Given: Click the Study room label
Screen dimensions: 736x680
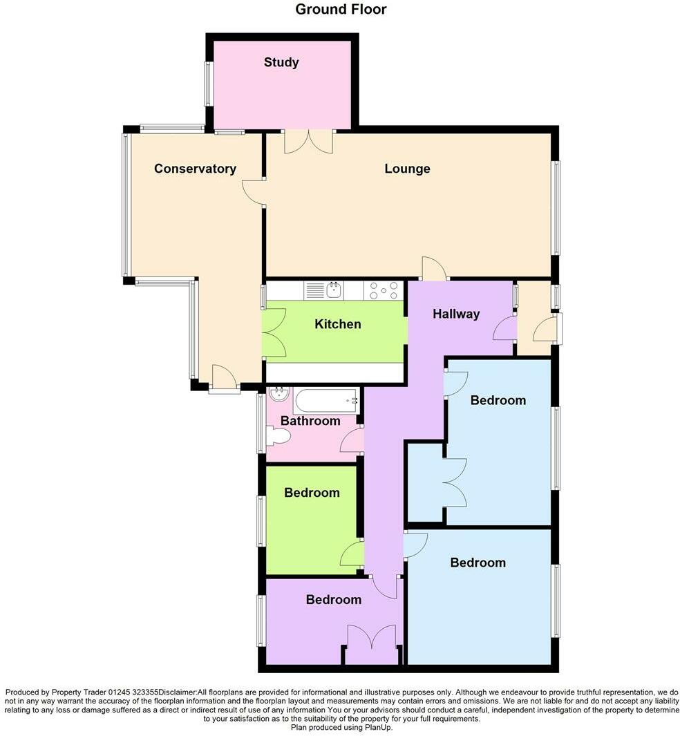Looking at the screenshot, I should (x=281, y=62).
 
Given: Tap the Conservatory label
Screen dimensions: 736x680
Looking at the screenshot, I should (x=195, y=169).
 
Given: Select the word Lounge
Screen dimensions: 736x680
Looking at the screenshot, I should (x=407, y=169).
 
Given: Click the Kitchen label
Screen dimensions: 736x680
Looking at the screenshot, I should (x=337, y=323).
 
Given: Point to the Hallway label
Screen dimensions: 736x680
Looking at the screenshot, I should (x=455, y=314).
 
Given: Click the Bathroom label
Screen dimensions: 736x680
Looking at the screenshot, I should (x=310, y=421).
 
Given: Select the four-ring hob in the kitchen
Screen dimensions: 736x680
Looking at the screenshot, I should (x=384, y=290).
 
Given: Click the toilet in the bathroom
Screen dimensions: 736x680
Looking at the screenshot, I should (x=278, y=437).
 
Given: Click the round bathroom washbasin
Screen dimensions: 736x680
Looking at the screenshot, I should (x=279, y=395).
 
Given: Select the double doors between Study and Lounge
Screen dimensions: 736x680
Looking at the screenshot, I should (x=308, y=141).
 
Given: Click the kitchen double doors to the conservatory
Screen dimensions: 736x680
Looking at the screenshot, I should (x=274, y=332).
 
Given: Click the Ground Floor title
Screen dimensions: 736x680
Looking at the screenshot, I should (x=341, y=10).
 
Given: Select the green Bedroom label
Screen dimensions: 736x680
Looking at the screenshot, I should (x=312, y=493).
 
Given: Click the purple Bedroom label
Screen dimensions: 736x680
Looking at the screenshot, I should (x=334, y=600).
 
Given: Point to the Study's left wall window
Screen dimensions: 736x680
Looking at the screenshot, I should (x=207, y=84).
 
